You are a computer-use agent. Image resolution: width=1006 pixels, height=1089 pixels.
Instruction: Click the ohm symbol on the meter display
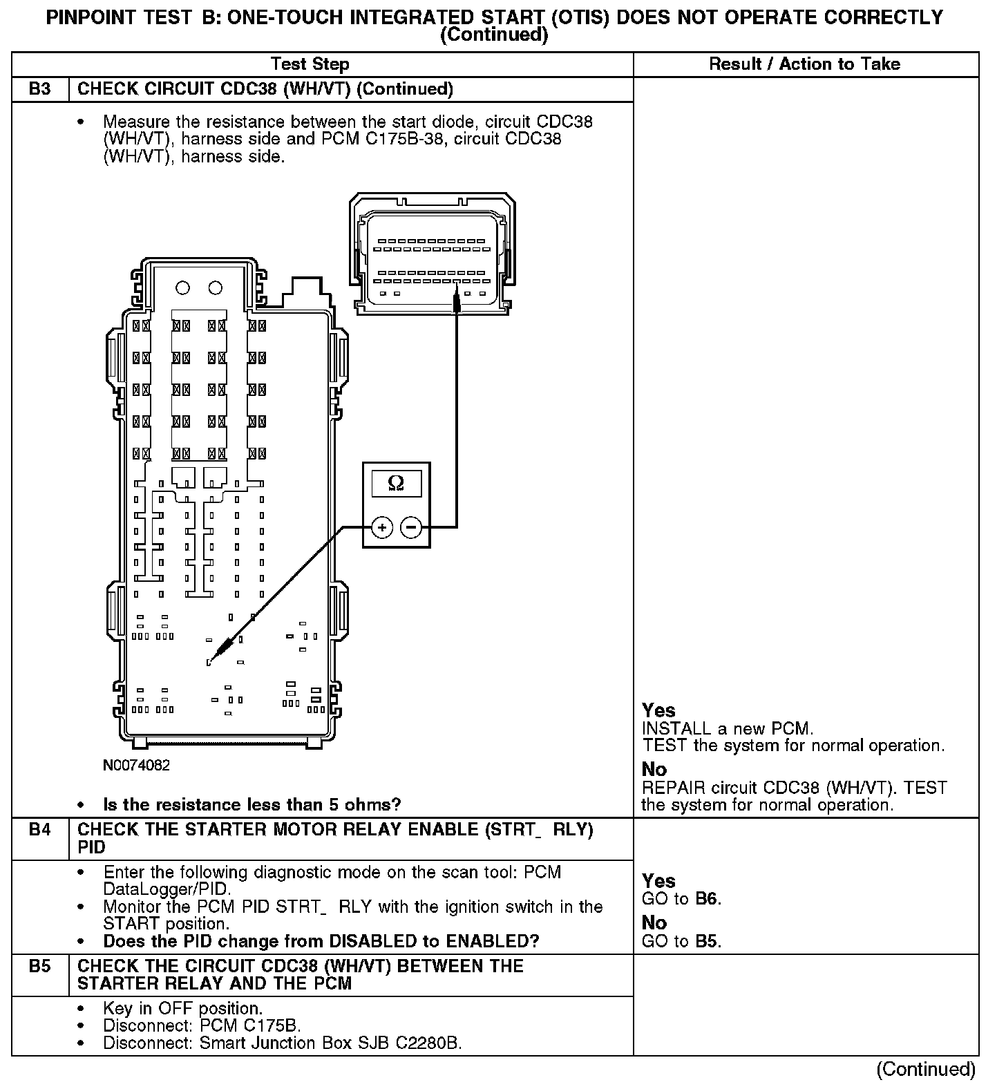coord(396,483)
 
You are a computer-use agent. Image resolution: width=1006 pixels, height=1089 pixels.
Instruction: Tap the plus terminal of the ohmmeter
coord(382,528)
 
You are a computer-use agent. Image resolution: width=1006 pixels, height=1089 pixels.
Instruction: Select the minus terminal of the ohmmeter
coord(411,528)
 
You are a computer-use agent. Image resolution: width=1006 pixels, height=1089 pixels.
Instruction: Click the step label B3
coord(40,89)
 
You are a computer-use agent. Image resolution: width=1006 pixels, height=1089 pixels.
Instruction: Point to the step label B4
coord(40,830)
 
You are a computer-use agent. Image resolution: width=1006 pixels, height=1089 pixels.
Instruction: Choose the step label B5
coord(40,966)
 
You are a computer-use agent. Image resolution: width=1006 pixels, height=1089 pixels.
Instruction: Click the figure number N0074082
coord(136,766)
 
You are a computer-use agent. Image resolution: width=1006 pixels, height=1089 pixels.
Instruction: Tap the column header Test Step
coord(310,64)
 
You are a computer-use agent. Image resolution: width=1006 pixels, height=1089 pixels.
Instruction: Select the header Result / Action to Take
coord(805,64)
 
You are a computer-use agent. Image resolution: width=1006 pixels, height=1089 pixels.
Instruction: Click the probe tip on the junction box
coord(209,662)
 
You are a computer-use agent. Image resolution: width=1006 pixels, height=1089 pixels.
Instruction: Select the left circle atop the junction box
coord(183,287)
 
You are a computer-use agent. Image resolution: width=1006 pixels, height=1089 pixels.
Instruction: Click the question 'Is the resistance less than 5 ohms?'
coord(251,805)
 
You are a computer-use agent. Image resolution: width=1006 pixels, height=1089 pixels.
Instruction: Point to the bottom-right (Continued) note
coord(926,1069)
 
